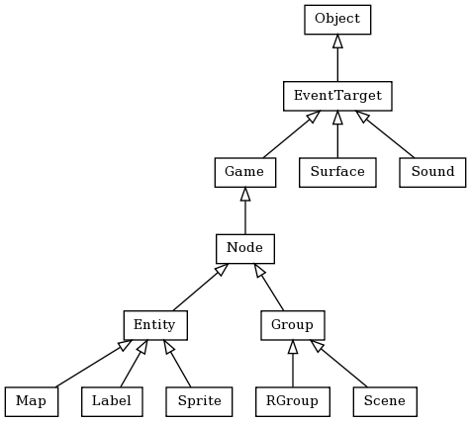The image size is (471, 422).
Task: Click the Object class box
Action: click(x=337, y=19)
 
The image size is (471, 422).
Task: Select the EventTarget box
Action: click(x=337, y=96)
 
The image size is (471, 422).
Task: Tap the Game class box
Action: click(x=244, y=172)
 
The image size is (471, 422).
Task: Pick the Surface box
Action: click(x=337, y=172)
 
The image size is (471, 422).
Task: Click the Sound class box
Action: click(x=432, y=172)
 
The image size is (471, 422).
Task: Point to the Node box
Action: click(x=244, y=248)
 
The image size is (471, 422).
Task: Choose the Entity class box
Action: click(x=155, y=324)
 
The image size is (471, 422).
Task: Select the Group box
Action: click(x=293, y=324)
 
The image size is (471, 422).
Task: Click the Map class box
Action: click(x=31, y=401)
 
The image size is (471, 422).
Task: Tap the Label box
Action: click(x=112, y=401)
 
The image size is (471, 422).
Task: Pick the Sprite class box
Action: click(x=199, y=401)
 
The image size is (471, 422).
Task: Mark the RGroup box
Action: click(x=293, y=401)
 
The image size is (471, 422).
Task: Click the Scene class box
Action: click(x=385, y=401)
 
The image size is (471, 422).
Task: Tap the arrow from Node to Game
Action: click(x=244, y=210)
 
